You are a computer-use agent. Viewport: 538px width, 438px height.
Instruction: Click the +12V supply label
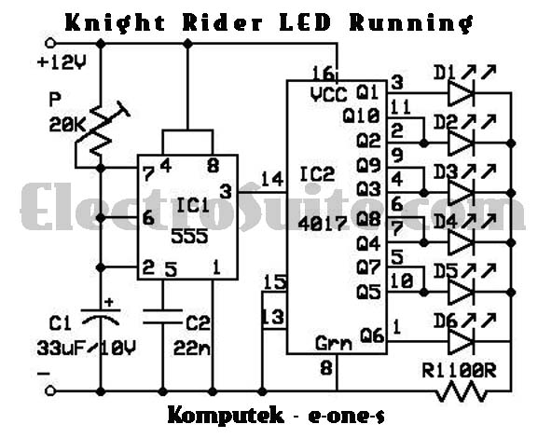(62, 62)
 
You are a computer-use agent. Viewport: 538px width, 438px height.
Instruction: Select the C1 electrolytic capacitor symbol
(101, 317)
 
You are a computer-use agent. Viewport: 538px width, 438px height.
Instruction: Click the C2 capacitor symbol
(162, 316)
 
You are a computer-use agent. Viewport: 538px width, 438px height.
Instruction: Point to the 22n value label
(191, 348)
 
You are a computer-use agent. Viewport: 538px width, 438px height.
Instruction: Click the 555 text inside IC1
(189, 236)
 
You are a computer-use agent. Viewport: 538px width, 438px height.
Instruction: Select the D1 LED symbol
(462, 92)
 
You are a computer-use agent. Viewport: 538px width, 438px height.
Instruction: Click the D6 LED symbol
(462, 341)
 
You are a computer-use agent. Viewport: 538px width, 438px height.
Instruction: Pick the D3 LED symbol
(462, 193)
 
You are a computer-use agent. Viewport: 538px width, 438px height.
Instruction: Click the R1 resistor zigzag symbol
(462, 392)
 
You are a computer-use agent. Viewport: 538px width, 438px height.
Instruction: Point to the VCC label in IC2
(329, 94)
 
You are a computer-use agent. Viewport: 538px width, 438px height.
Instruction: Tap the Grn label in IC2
(334, 343)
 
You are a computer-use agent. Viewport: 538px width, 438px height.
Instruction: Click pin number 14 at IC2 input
(272, 179)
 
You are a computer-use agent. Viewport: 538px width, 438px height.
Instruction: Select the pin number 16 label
(324, 74)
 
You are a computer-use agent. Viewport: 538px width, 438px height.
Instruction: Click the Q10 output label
(361, 116)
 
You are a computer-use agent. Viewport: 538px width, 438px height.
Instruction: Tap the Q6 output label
(372, 335)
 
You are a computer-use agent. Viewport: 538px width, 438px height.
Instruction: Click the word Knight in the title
(115, 22)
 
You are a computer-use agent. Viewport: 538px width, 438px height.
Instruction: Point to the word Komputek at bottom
(226, 416)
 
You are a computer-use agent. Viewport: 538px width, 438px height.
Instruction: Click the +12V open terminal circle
(50, 43)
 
